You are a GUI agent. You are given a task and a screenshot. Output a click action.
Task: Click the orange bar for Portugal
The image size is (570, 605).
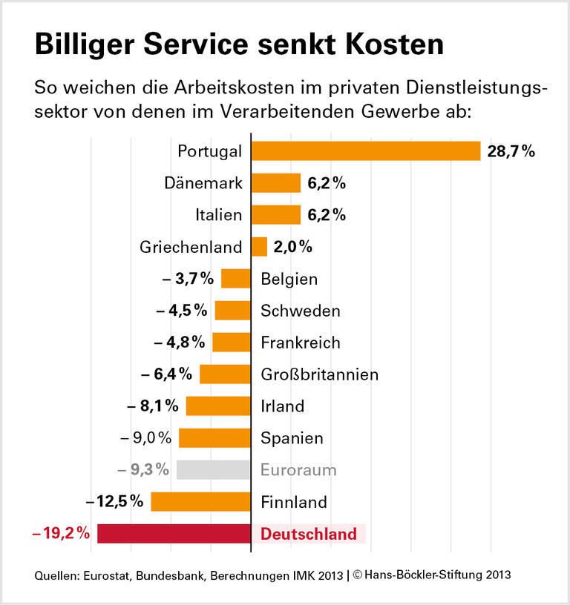[x=366, y=151]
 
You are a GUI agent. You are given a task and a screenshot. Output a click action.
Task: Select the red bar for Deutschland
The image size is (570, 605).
[x=174, y=533]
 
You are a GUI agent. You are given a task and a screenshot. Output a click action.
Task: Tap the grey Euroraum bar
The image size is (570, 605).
[x=214, y=469]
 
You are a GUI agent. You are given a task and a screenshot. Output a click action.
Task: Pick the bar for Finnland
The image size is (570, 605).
[x=200, y=502]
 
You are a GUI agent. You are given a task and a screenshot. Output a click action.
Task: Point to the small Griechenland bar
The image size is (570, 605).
[x=259, y=247]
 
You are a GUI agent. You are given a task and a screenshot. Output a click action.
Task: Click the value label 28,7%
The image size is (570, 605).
[x=511, y=151]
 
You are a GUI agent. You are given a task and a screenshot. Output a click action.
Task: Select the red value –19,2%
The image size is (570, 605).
[x=62, y=533]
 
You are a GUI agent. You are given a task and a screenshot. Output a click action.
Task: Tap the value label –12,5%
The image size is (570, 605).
[x=114, y=501]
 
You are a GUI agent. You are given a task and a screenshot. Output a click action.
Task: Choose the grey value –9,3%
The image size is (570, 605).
[x=144, y=469]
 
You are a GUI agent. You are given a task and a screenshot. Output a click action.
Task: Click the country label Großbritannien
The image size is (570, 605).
[x=319, y=374]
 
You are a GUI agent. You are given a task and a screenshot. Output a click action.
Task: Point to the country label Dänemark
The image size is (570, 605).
[x=203, y=183]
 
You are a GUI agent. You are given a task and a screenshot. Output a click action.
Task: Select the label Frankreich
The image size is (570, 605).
[x=301, y=343]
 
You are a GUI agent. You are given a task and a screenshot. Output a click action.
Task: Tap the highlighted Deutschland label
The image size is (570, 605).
[x=309, y=534]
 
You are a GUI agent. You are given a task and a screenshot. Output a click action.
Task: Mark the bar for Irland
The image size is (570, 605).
[x=218, y=406]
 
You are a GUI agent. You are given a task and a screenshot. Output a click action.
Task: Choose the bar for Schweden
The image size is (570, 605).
[x=232, y=311]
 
